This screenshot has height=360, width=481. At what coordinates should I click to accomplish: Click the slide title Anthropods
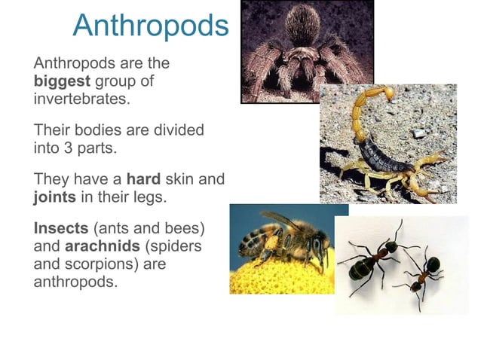(150, 26)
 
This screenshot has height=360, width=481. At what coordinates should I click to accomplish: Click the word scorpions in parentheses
(95, 264)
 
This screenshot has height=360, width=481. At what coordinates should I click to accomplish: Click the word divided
(176, 130)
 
